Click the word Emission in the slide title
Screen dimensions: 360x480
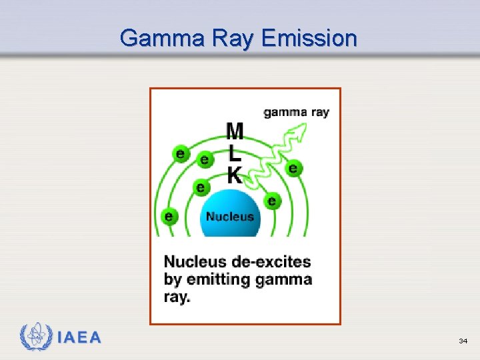(x=309, y=38)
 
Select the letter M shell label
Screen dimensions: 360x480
(x=235, y=131)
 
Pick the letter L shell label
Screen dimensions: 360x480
(x=235, y=154)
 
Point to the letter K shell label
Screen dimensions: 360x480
(x=235, y=175)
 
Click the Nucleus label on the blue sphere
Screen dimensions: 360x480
(x=230, y=216)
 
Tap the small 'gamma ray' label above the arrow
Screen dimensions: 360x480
(x=296, y=112)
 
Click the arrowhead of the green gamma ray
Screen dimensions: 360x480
(x=305, y=131)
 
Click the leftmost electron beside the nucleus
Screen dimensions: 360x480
(x=169, y=216)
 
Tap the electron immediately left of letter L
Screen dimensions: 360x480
(x=204, y=159)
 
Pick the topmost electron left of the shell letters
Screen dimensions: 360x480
(x=179, y=153)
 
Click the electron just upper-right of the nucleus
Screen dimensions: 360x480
(x=271, y=200)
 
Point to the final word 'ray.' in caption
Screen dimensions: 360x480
(x=177, y=297)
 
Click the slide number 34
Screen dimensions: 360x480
(x=463, y=341)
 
